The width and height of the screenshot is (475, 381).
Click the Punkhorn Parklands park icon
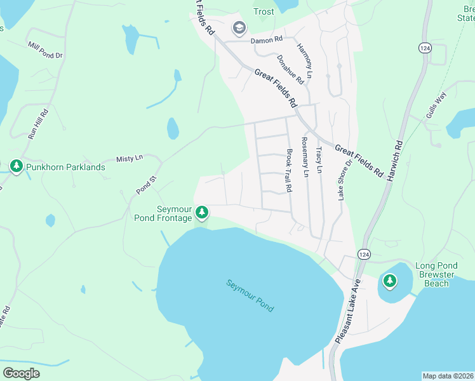17,166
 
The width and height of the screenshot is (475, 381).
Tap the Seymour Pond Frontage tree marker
202,211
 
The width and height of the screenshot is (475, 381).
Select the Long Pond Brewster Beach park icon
389,279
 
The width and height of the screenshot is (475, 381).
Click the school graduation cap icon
239,27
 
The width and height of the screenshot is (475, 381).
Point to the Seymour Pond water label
250,295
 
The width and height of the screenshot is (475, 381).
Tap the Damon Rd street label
266,40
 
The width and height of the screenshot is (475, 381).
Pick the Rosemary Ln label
305,157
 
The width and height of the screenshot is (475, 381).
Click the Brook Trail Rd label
289,171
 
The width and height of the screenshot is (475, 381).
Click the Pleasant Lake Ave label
347,311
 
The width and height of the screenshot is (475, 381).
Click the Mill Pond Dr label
45,50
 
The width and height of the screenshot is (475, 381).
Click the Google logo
22,373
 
